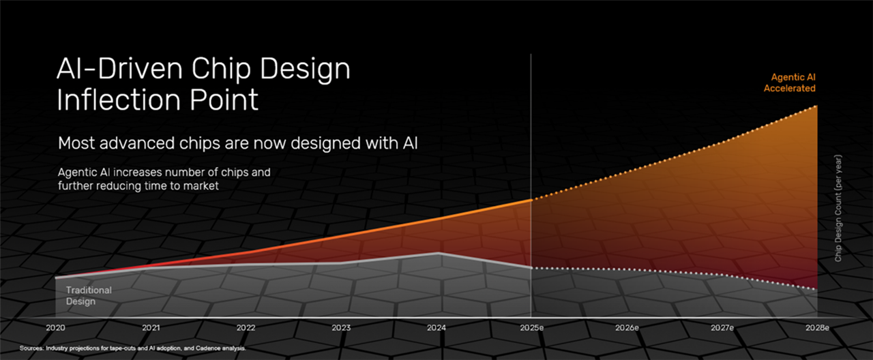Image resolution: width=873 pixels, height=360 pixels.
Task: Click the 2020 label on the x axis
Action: tap(55, 328)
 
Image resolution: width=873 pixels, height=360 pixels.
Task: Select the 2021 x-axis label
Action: tap(151, 328)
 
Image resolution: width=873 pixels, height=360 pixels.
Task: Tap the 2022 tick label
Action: tap(246, 328)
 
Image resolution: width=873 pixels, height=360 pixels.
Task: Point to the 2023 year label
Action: tap(341, 328)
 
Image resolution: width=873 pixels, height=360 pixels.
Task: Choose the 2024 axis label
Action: tap(436, 328)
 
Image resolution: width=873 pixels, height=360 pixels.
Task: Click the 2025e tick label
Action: tap(531, 328)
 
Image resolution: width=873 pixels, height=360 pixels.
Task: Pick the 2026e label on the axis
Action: tap(627, 328)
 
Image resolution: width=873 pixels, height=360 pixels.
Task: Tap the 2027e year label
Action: tap(722, 328)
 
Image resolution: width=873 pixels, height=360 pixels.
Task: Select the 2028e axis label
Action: tap(817, 328)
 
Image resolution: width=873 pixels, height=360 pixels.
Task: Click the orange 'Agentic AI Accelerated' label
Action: tap(790, 82)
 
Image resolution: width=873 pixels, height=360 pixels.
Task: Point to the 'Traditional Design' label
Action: tap(89, 296)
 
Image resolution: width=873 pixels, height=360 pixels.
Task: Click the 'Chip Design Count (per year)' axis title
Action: tap(838, 208)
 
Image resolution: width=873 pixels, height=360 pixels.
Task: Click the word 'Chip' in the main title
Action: tap(221, 69)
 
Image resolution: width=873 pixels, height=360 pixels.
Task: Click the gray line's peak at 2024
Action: tap(439, 253)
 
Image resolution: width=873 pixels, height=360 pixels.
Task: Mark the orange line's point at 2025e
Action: tap(531, 200)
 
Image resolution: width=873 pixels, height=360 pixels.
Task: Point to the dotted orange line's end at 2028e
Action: tap(816, 106)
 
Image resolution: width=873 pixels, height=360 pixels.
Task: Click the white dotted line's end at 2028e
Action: tap(816, 289)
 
